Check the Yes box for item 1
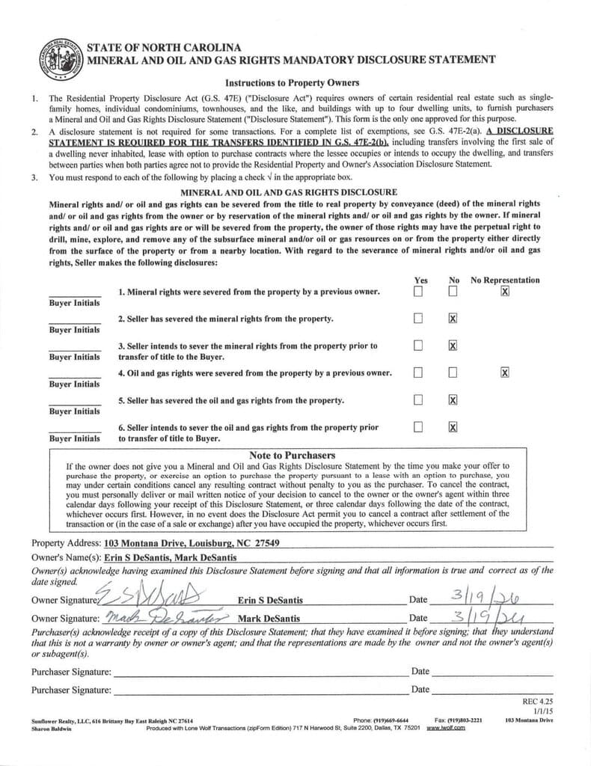coord(418,291)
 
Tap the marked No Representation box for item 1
coord(505,291)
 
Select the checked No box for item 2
coord(453,319)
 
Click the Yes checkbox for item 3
coord(418,346)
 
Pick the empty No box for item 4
coord(453,373)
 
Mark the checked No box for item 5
coord(453,400)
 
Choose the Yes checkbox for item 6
coord(418,427)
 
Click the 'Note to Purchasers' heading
coord(292,455)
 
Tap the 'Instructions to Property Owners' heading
coord(292,82)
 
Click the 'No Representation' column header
coord(504,280)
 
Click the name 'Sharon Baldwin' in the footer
coord(50,727)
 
